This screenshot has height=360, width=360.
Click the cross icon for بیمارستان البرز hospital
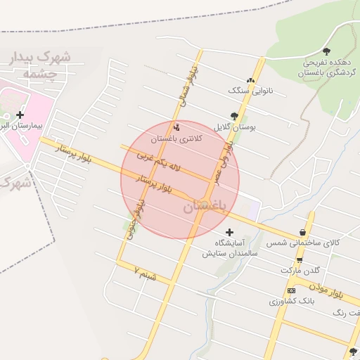click(x=20, y=115)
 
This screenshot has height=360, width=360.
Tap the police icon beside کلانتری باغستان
click(x=176, y=127)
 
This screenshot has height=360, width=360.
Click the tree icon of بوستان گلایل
click(x=234, y=116)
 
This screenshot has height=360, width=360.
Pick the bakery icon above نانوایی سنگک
click(x=250, y=80)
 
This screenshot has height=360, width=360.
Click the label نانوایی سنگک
click(x=247, y=91)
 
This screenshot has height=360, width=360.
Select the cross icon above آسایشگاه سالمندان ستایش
click(x=229, y=231)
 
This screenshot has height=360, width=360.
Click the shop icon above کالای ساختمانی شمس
click(x=303, y=232)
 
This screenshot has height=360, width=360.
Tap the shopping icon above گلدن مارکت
click(x=300, y=259)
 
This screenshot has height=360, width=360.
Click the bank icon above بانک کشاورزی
click(x=291, y=290)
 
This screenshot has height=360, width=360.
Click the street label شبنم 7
click(x=146, y=274)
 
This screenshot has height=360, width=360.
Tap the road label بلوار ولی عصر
click(x=224, y=162)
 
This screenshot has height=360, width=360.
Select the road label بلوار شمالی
click(x=189, y=87)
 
